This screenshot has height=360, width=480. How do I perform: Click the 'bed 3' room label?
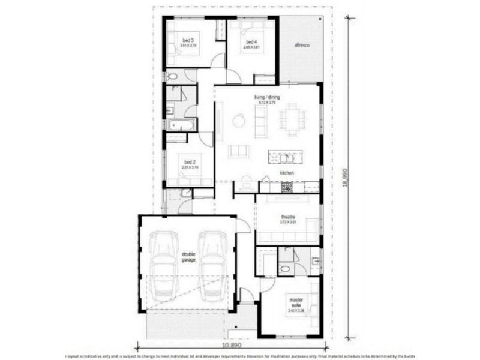point(188,41)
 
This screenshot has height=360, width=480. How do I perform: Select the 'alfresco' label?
point(302,46)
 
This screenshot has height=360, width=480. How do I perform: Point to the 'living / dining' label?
point(267,98)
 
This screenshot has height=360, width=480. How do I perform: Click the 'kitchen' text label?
point(286,173)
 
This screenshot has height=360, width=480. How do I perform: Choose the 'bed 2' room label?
point(189,162)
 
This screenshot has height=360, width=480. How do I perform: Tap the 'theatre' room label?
point(287,217)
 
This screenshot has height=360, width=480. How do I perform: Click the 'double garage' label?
point(188,257)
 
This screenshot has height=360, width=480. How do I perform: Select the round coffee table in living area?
point(238,120)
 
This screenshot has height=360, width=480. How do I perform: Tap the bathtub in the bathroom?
point(181,125)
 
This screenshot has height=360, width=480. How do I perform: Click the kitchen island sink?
point(286,158)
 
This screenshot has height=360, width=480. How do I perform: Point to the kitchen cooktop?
point(287,187)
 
